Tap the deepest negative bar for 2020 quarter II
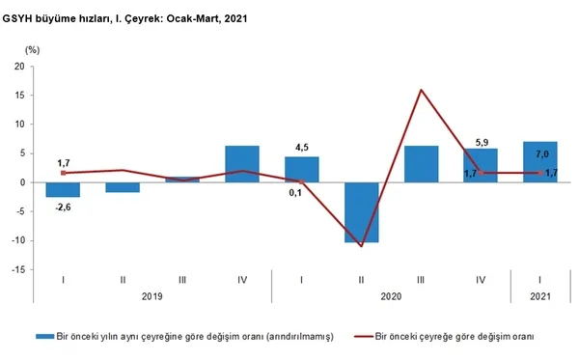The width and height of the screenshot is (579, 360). click(x=361, y=212)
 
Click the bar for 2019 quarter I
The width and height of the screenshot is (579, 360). click(x=64, y=189)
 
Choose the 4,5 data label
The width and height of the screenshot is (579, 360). click(x=301, y=148)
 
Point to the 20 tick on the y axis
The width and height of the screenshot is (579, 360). click(x=19, y=67)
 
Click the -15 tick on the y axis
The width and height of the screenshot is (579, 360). click(x=17, y=269)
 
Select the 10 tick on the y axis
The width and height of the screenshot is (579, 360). click(x=19, y=125)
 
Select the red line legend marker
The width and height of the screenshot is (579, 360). click(x=363, y=336)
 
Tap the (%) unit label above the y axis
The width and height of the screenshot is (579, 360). click(x=32, y=49)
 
